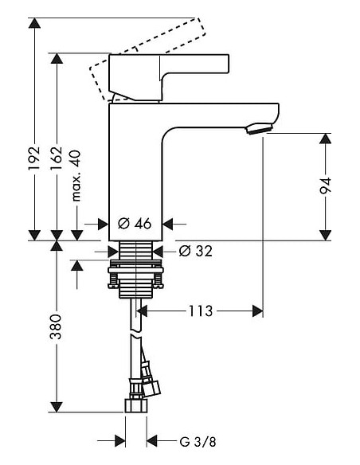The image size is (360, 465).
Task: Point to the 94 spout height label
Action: [325, 186]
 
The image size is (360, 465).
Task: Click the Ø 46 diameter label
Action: [134, 225]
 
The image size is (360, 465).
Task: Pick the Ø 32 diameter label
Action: [195, 252]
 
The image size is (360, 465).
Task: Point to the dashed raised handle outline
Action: [100, 76]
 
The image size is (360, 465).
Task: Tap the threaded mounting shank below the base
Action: [136, 271]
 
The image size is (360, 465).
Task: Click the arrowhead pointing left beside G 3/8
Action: [153, 440]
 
